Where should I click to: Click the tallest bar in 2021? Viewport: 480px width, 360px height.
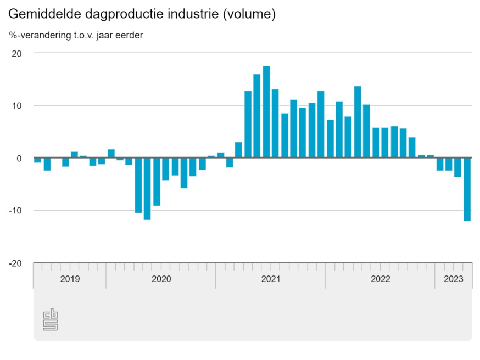coord(266,112)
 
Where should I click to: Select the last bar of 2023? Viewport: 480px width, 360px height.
coord(467,189)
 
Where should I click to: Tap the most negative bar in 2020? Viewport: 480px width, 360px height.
coord(147,189)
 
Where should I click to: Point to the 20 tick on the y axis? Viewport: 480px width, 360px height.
coord(17,54)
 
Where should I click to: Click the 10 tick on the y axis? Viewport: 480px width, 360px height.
coord(17,106)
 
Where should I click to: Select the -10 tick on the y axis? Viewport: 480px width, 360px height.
coord(15,211)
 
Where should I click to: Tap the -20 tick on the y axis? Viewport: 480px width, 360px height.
coord(15,263)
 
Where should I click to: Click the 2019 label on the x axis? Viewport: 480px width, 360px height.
coord(70,279)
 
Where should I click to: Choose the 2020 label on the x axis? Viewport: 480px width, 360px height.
coord(161,279)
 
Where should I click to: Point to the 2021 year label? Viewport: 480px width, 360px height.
coord(271,279)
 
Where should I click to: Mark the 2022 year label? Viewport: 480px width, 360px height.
coord(380,279)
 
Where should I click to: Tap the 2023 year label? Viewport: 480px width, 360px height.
coord(454,279)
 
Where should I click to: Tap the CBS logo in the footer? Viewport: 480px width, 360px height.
coord(51,320)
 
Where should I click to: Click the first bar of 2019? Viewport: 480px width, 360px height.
coord(37,160)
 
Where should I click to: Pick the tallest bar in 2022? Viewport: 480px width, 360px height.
coord(358,122)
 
